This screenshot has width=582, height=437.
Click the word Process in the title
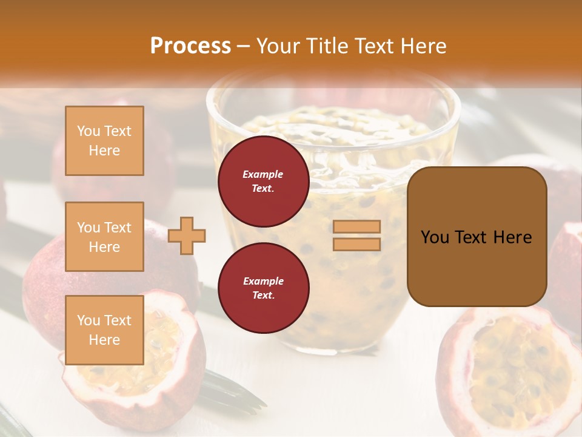point(190,46)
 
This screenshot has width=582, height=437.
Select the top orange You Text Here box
point(104,141)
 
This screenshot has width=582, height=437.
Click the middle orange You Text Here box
point(104,237)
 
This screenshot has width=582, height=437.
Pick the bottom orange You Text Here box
point(104,330)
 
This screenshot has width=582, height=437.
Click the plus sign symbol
point(187,235)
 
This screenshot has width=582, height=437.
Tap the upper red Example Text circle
point(263,181)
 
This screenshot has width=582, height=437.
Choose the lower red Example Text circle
point(263,288)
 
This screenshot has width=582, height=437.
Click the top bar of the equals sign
point(356,226)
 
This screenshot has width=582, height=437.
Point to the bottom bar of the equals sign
point(356,244)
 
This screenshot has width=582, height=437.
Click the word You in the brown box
point(435,237)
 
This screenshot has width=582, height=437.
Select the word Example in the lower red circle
point(263,281)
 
